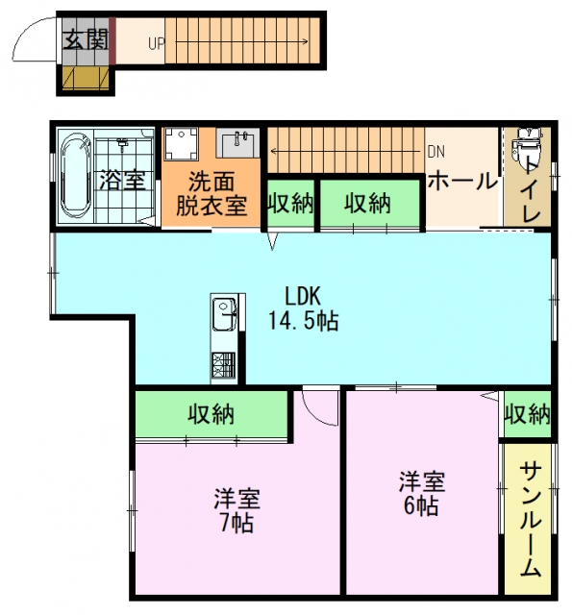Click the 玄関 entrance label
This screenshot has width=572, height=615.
coord(86,39)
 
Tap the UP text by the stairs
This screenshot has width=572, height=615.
coord(156,44)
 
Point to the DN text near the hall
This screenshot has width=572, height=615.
coord(435,152)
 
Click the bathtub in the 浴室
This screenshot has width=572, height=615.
coord(75,175)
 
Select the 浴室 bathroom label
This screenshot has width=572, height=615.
coord(122,181)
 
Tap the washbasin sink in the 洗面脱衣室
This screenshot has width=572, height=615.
coord(237,143)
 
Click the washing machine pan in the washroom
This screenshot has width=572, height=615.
coord(181,143)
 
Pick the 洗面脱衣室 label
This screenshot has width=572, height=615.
coord(211,193)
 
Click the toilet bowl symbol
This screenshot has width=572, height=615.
coord(526,147)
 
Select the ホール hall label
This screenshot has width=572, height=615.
coord(462,182)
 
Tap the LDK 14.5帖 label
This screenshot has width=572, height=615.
coord(303,308)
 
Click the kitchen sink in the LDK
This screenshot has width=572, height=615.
coord(224,314)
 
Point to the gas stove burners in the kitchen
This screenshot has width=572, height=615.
coord(224,365)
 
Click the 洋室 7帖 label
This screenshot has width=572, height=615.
coord(236,510)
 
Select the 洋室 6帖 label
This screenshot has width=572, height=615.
coord(422,493)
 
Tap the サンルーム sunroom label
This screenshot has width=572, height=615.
coord(531,520)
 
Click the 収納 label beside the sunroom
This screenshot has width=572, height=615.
coord(528,414)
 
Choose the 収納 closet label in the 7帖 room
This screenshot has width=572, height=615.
coord(211,414)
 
